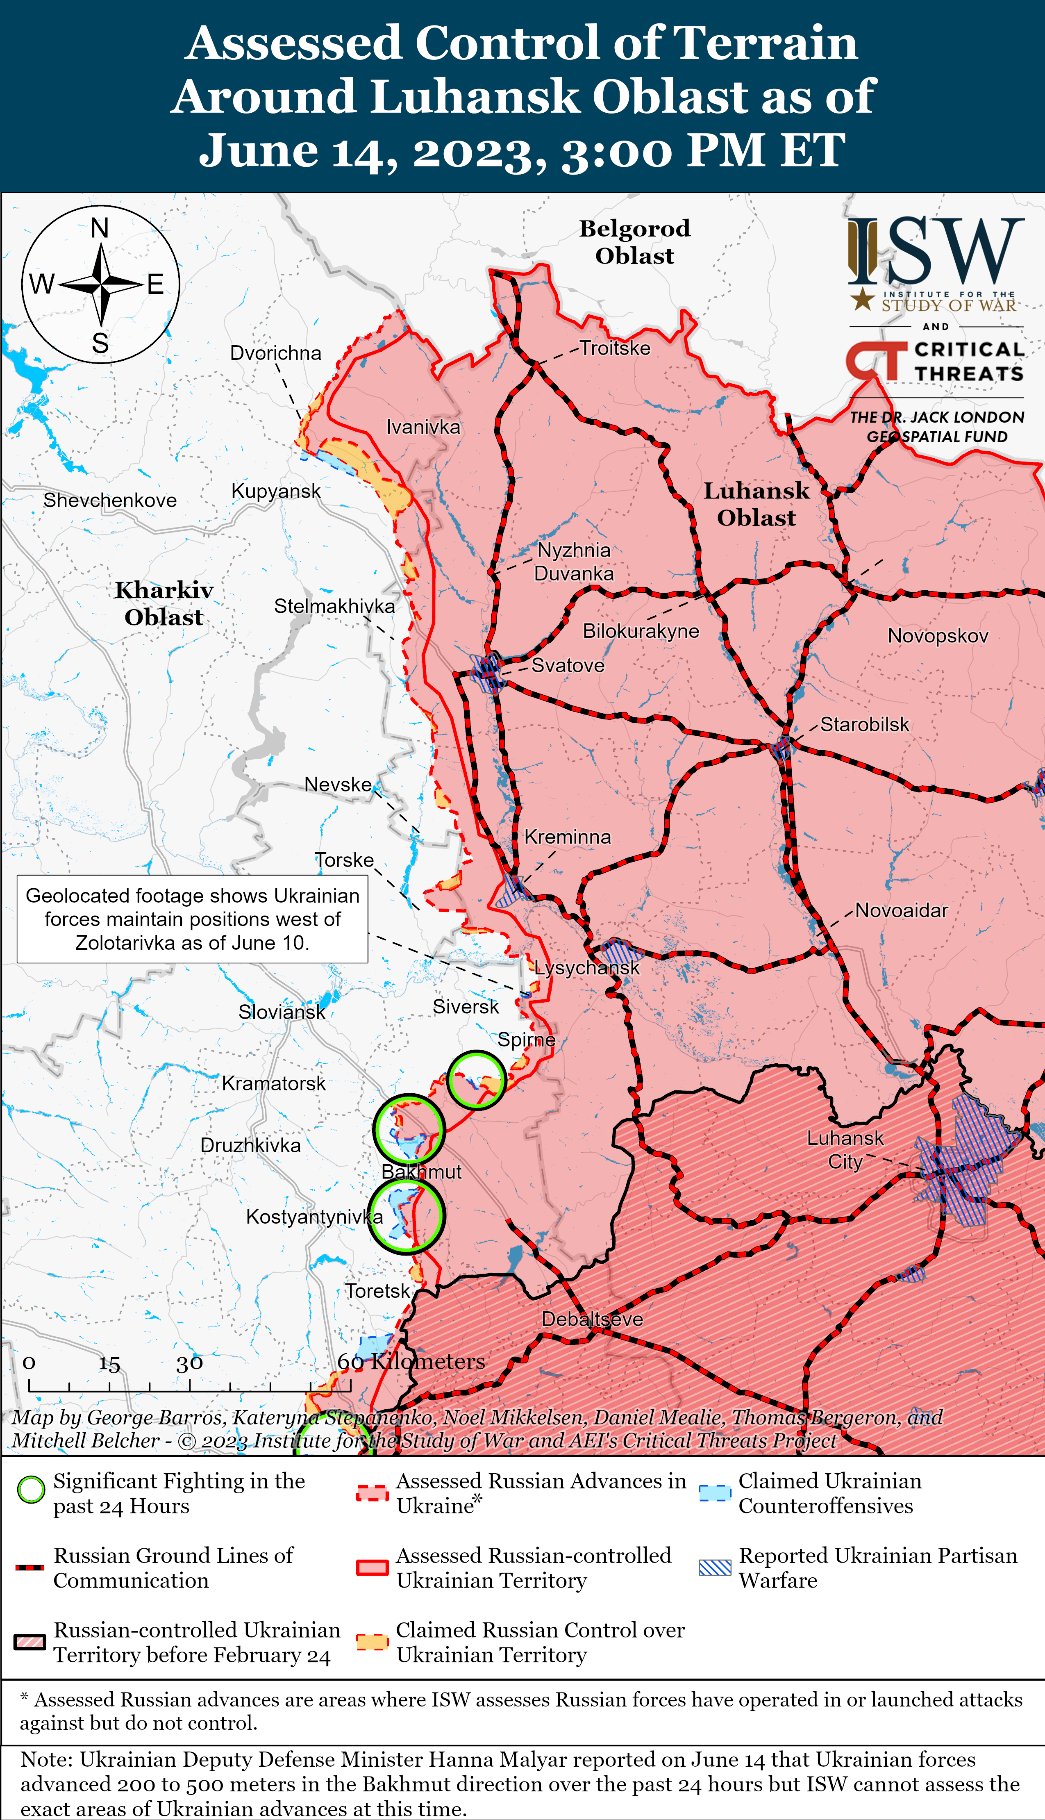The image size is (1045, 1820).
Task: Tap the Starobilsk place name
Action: coord(864,724)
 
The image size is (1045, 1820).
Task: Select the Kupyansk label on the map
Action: coord(276,491)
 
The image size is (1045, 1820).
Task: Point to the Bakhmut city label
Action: coord(421,1172)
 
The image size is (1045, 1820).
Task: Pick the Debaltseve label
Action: coord(592,1319)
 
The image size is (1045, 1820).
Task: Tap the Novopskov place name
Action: coord(937,636)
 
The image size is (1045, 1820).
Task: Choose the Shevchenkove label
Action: coord(110,500)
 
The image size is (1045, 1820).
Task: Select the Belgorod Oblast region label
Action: coord(634,242)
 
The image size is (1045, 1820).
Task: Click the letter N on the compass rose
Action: coord(100,228)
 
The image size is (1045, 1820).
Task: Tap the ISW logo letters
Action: coord(937,251)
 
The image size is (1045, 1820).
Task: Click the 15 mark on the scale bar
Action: coord(109,1363)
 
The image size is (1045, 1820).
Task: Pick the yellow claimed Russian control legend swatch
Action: coord(373,1642)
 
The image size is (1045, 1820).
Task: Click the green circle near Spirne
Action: coord(476,1080)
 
